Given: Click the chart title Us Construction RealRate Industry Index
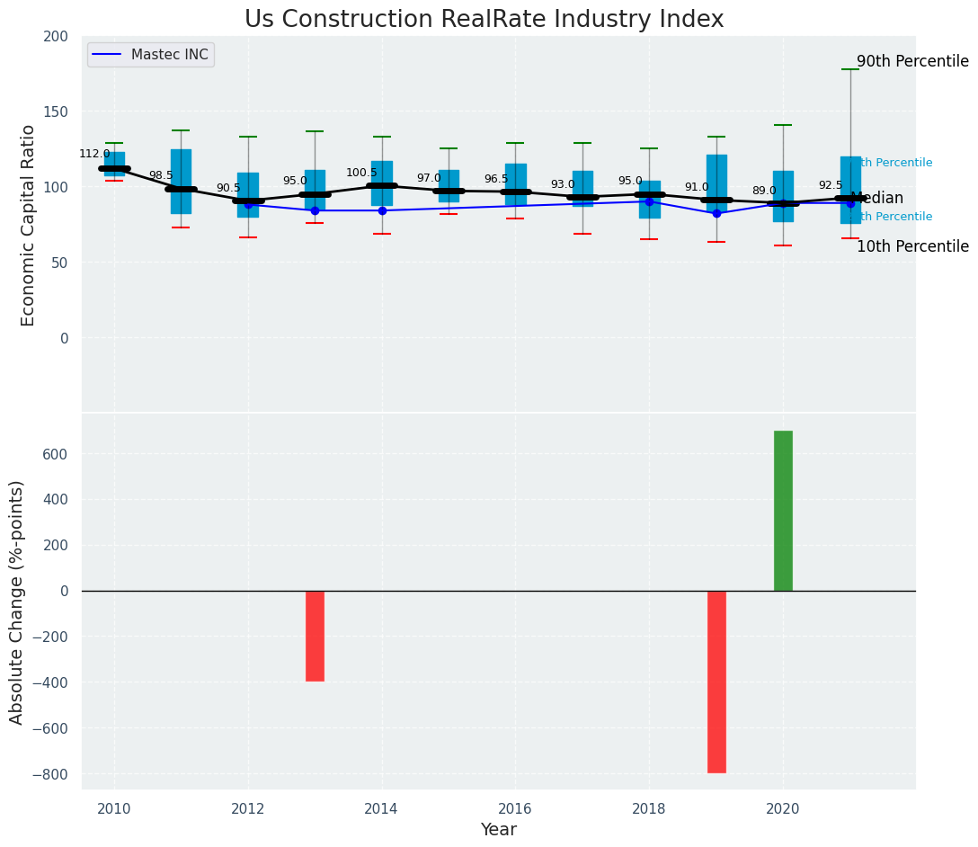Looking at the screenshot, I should click(484, 20).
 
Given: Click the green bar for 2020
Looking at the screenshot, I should click(783, 511).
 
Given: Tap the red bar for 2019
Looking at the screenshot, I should click(716, 681).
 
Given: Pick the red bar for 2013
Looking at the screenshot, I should click(315, 636).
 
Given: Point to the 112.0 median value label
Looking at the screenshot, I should click(94, 154).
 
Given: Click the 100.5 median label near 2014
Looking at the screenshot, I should click(361, 173).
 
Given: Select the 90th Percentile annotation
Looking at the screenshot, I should click(911, 62).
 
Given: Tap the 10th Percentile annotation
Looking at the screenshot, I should click(911, 246).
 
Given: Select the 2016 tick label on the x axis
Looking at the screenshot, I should click(515, 808).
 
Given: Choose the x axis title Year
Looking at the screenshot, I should click(498, 830).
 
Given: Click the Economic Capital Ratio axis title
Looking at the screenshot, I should click(28, 225).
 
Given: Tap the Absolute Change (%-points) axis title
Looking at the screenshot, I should click(17, 602).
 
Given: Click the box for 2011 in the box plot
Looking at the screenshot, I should click(181, 181).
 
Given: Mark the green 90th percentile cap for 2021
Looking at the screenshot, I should click(850, 69).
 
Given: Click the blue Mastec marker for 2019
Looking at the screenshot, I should click(716, 213).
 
